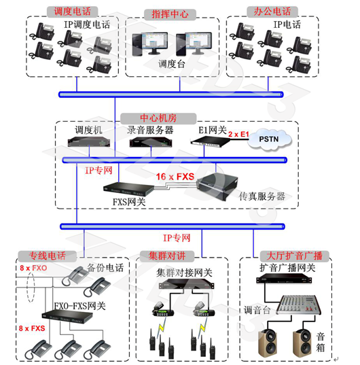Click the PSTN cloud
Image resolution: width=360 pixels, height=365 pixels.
269,139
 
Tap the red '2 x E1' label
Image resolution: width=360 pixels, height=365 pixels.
238,135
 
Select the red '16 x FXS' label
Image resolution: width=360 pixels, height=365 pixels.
175,177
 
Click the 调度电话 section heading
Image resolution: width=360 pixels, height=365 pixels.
72,12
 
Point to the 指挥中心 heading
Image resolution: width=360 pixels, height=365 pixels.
170,14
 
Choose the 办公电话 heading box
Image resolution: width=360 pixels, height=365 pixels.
272,12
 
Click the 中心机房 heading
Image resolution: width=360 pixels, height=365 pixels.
158,118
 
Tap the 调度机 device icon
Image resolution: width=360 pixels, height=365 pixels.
88,142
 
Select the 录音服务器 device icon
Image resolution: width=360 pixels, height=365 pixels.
151,142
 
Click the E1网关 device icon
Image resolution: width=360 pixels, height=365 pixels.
210,141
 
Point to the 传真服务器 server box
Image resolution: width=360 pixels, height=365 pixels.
217,186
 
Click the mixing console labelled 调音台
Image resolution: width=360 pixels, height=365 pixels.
299,305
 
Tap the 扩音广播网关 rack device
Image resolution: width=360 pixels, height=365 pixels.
284,279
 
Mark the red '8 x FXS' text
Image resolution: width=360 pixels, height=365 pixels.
32,328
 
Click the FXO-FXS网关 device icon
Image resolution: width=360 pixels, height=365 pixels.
67,316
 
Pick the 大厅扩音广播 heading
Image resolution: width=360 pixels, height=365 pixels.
294,256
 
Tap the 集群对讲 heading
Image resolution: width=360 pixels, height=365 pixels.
167,256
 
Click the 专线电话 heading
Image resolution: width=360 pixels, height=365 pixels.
48,256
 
